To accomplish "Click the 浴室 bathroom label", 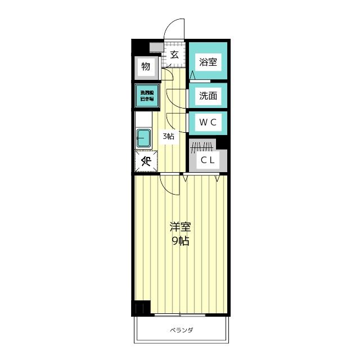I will click(208, 62).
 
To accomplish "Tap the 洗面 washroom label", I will click(208, 96).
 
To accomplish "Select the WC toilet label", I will click(208, 121).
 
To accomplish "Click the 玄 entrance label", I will click(174, 55).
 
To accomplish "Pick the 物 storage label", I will click(146, 67).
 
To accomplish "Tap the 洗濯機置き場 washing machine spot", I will click(146, 95).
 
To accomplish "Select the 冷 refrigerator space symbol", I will click(146, 161).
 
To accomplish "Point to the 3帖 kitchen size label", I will click(168, 136).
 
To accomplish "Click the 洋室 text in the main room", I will click(181, 227).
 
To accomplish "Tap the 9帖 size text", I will click(181, 241).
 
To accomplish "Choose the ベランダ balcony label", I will click(181, 330).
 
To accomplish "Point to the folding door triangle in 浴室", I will click(193, 75).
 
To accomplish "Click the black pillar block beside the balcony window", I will click(141, 308).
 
